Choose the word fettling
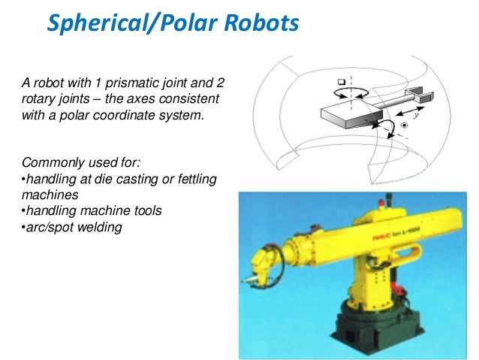198,178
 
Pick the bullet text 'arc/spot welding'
71,227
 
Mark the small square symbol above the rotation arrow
342,80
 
